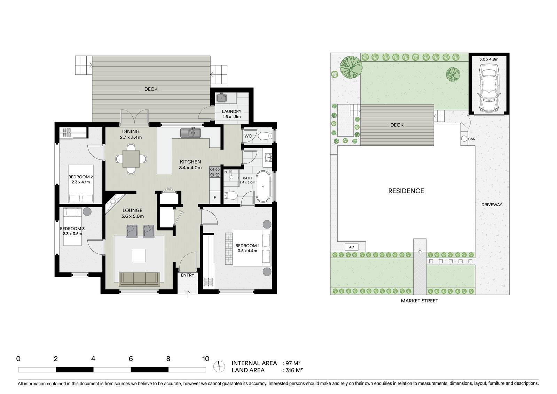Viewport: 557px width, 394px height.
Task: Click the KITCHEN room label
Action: (190, 162)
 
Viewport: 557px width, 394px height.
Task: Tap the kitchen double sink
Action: (190, 133)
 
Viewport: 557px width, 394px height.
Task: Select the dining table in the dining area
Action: (131, 159)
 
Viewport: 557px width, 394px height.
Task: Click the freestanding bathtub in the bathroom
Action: (263, 186)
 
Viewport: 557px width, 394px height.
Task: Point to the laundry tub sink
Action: (221, 98)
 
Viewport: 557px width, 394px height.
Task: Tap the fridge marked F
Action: (215, 198)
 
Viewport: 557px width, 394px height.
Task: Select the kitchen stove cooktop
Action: (215, 172)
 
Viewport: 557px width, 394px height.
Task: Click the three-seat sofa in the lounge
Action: (140, 279)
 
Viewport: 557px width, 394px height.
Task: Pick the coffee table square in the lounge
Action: (139, 255)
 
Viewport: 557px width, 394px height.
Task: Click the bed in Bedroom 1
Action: (252, 248)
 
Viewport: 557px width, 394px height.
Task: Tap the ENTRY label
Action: (188, 275)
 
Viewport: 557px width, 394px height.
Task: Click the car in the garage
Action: (489, 87)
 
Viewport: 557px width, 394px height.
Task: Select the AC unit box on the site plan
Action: (351, 247)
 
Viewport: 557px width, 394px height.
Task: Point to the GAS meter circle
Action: (464, 139)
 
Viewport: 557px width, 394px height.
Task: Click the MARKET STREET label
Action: (420, 301)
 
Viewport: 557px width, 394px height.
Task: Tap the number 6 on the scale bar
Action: (131, 359)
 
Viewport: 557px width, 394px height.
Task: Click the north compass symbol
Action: (219, 366)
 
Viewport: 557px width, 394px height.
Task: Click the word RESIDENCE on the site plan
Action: (406, 191)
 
